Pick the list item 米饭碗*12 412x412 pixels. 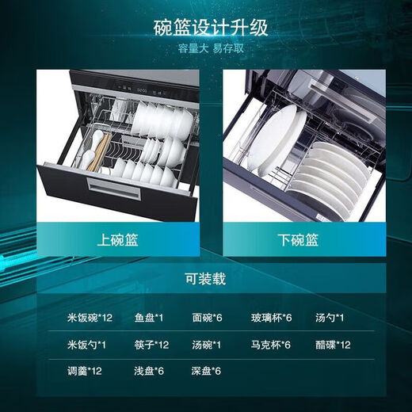point(90,318)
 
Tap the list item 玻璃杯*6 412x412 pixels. point(272,318)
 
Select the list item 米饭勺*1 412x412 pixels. point(86,344)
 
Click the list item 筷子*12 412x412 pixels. point(151,344)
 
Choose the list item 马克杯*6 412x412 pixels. point(272,344)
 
